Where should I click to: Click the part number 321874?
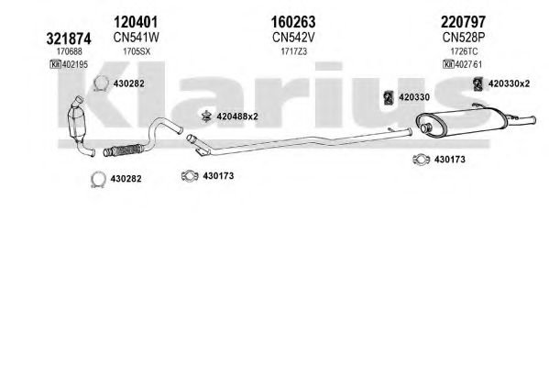(69, 39)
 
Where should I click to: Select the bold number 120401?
(136, 22)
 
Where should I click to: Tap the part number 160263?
(293, 22)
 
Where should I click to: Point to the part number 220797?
(463, 22)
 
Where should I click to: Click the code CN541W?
(136, 37)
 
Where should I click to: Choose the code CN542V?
(293, 37)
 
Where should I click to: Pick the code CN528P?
(463, 37)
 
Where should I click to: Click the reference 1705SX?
(137, 51)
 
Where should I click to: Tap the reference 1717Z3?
(294, 51)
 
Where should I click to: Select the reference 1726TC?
(464, 51)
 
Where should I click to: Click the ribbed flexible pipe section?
(123, 150)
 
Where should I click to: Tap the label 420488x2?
(237, 116)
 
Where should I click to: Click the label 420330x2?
(509, 83)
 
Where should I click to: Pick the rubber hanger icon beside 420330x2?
(478, 84)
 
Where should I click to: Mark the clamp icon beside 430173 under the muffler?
(421, 160)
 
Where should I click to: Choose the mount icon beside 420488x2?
(206, 116)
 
